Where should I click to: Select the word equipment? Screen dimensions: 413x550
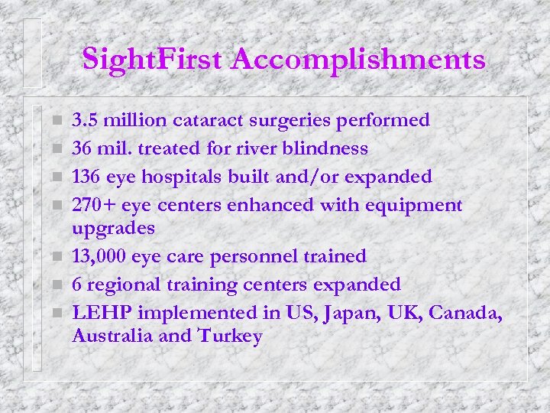(416, 206)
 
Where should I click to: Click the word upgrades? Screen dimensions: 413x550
(113, 229)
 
